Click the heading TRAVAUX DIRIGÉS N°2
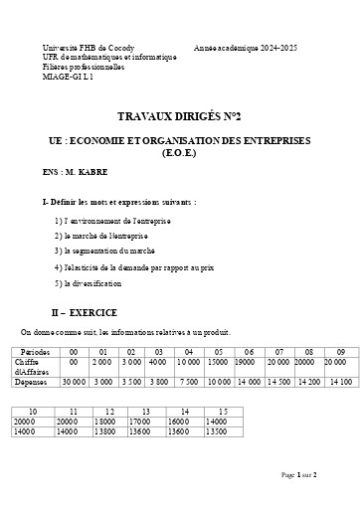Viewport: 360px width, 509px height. [x=180, y=115]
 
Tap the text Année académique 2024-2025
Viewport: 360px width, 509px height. [x=246, y=48]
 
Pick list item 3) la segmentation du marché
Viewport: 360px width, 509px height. [x=105, y=252]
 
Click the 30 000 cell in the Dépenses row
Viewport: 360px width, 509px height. [x=74, y=381]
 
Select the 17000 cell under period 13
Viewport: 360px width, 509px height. [x=145, y=422]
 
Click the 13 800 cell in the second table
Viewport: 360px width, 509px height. [x=109, y=431]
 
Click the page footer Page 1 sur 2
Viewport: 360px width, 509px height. [x=299, y=476]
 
